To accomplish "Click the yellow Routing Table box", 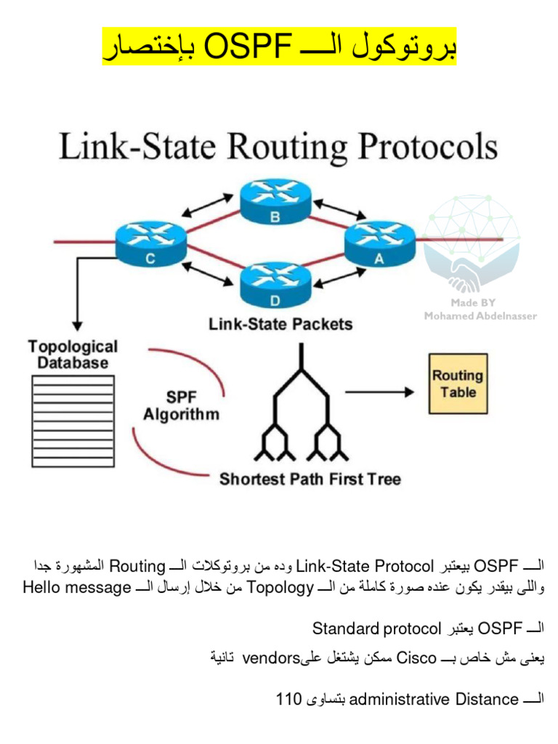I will (x=457, y=384).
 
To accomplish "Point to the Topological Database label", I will (x=73, y=355).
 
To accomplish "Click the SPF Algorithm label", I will (x=181, y=407).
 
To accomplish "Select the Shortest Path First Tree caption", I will (x=310, y=479).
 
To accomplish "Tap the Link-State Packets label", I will (x=280, y=324).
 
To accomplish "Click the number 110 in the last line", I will (x=288, y=699).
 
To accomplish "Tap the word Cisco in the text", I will (x=416, y=658).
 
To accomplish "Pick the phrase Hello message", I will (x=77, y=587).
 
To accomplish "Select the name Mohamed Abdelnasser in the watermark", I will (x=480, y=316).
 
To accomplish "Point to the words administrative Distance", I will (x=434, y=699).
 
